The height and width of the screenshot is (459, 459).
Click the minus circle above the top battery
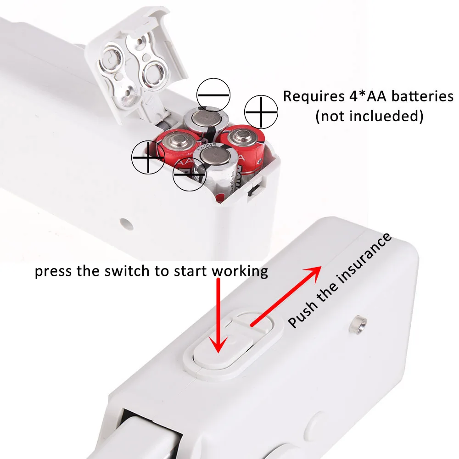point(213,95)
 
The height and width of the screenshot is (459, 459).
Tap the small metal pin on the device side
point(359,325)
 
